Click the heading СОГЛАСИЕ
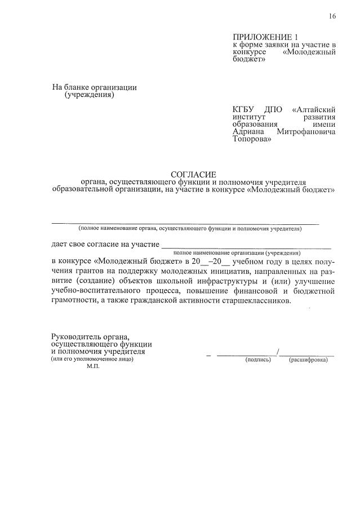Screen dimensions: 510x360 193,175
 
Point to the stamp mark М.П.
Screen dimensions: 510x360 94,366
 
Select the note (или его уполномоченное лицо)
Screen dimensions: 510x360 91,358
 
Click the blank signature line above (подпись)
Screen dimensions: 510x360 247,354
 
